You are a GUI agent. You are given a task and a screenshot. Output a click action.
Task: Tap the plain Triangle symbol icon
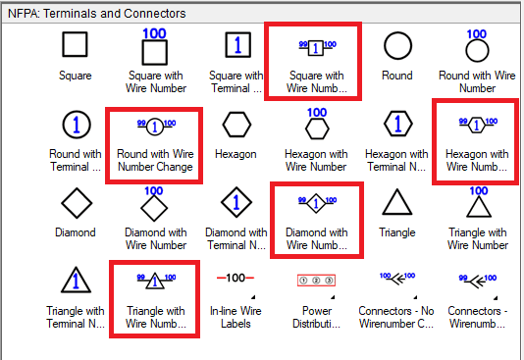tap(396, 204)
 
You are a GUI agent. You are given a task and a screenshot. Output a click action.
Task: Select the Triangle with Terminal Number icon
tap(76, 282)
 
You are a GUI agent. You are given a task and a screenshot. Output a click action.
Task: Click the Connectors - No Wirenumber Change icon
tap(396, 280)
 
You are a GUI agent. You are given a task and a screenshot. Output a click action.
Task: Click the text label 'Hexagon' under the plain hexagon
tap(236, 154)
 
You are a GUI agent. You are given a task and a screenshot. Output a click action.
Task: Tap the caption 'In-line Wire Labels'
tap(236, 318)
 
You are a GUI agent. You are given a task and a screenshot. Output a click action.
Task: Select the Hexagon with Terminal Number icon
tap(396, 125)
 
